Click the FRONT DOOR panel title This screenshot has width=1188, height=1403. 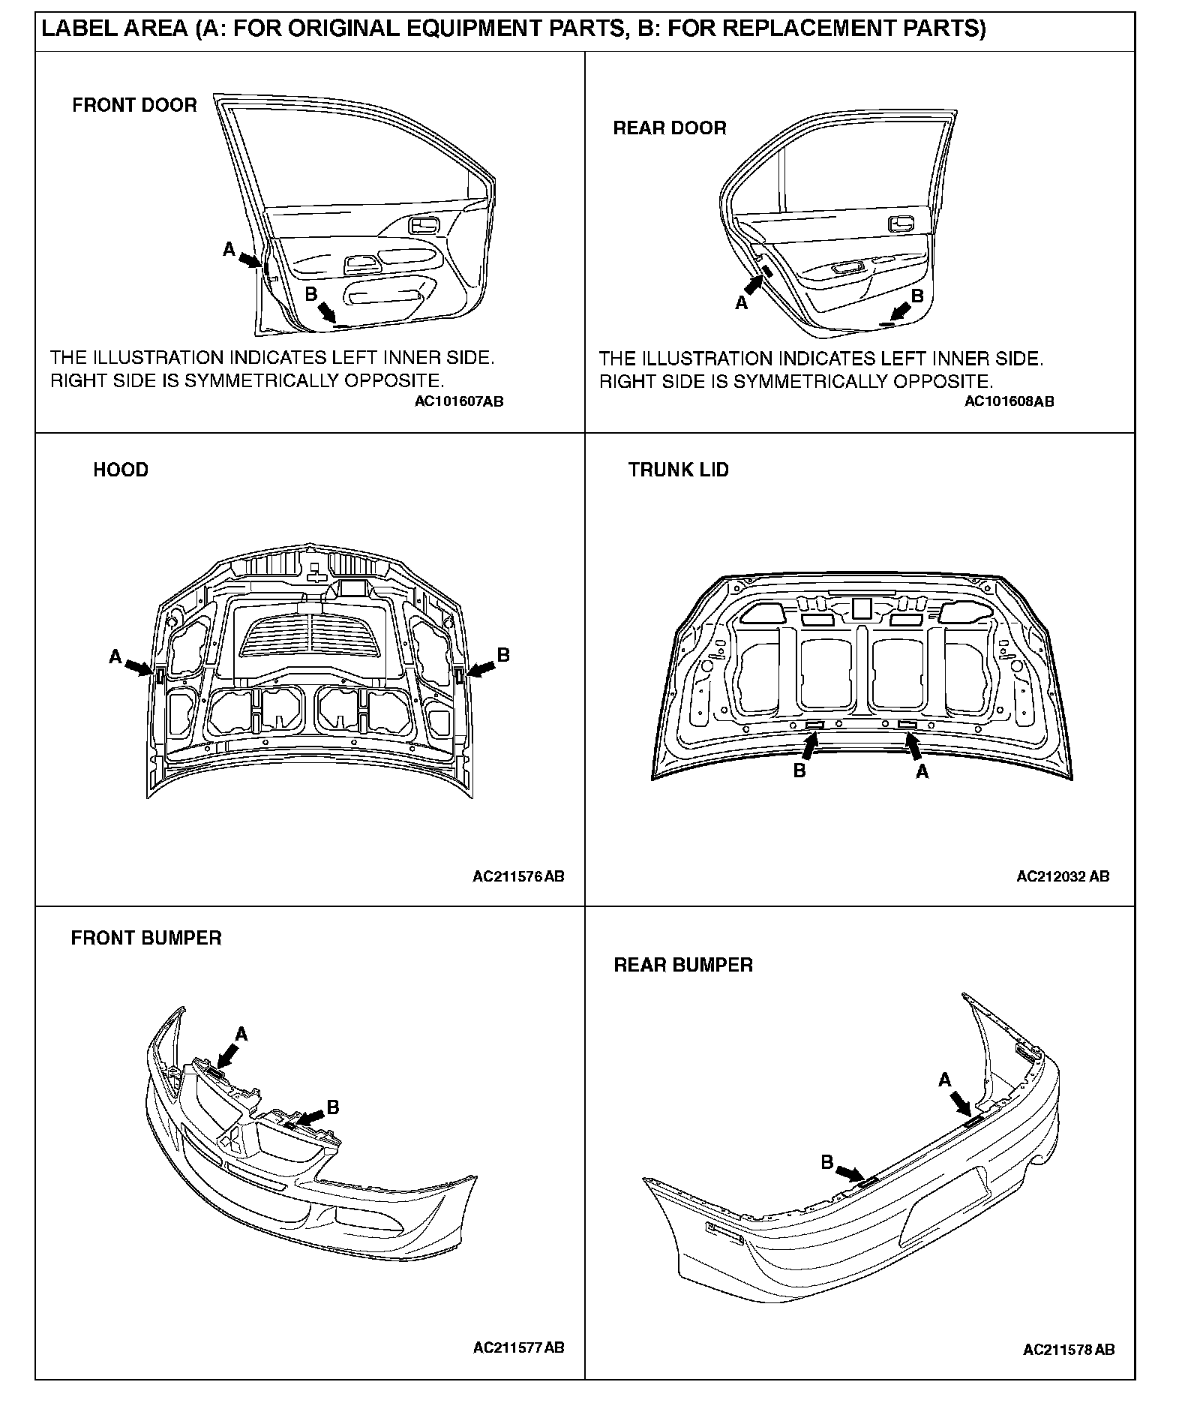click(134, 105)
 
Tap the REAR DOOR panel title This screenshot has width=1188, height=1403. click(670, 128)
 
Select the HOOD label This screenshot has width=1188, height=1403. click(121, 470)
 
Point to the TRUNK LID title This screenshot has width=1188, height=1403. click(678, 470)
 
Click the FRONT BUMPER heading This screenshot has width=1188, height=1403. click(146, 939)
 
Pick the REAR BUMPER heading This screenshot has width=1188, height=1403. click(683, 965)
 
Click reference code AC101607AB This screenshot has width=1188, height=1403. click(459, 402)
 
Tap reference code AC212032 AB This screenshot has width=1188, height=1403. click(1063, 876)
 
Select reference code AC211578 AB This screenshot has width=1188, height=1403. click(1069, 1350)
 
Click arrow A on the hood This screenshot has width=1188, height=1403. click(138, 667)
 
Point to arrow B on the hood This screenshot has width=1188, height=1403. click(480, 666)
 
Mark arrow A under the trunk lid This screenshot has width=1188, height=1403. click(913, 746)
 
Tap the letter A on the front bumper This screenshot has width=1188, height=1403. click(241, 1035)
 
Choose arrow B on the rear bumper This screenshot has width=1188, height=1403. click(850, 1173)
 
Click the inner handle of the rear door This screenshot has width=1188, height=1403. click(899, 224)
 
